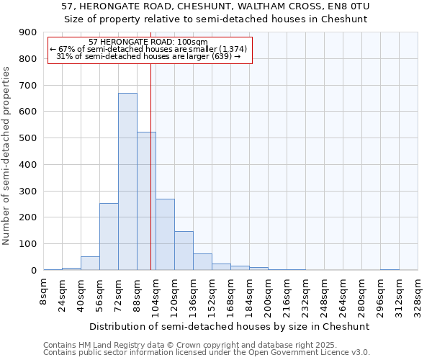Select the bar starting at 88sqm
146,201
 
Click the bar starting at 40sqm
90,263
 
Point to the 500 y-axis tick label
28,138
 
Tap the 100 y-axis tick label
28,244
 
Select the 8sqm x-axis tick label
44,292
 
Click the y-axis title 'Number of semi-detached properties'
7,156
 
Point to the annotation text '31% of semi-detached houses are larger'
148,56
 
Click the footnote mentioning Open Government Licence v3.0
207,353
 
